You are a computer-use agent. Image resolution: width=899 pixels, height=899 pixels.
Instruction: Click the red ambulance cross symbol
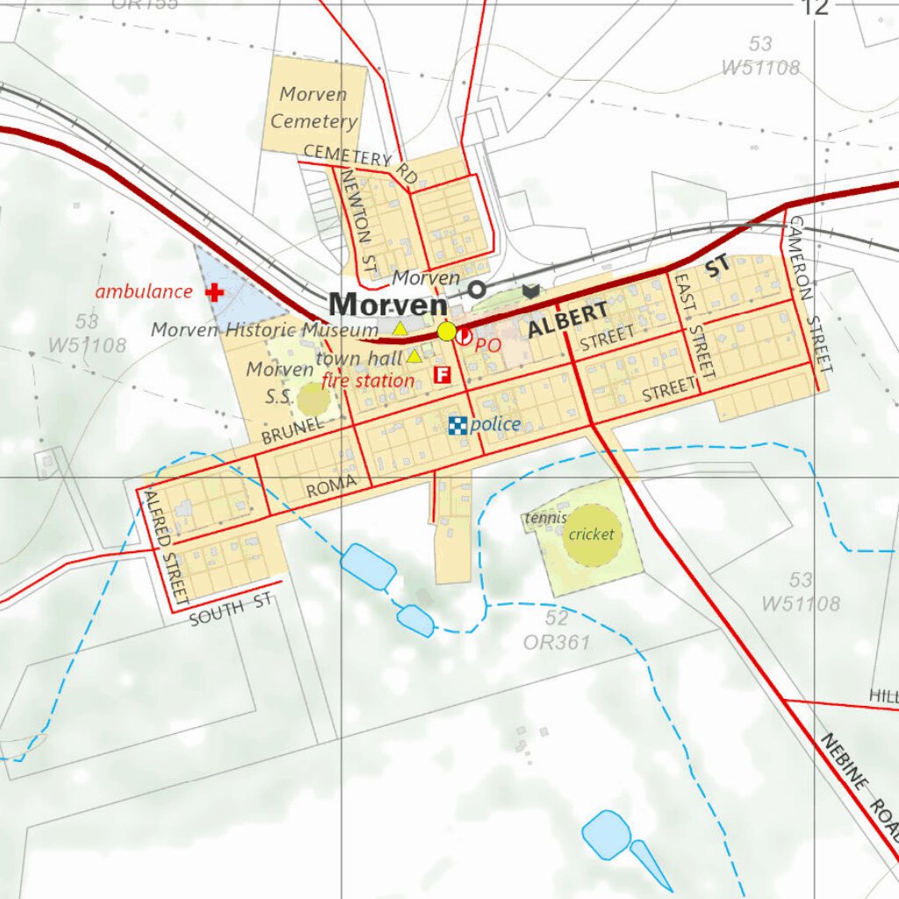tap(214, 292)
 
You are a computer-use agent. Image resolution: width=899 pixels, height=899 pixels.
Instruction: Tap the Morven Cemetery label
tap(313, 107)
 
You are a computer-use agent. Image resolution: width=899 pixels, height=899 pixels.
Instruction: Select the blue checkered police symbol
tap(457, 426)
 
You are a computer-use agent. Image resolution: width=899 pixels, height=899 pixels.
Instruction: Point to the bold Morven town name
tap(387, 305)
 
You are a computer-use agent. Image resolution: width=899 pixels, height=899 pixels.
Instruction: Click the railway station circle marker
tap(477, 289)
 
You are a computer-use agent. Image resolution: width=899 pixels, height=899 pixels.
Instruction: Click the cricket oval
tap(592, 534)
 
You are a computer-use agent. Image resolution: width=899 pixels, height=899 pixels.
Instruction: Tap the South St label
tap(232, 609)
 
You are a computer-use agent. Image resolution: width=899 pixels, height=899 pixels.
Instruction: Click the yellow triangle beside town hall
tap(414, 356)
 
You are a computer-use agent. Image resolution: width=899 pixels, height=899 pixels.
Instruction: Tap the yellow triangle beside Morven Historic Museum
tap(399, 329)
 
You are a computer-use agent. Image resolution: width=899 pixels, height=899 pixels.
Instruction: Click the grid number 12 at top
tap(814, 8)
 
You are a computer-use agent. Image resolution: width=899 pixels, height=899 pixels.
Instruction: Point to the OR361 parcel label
tap(557, 643)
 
